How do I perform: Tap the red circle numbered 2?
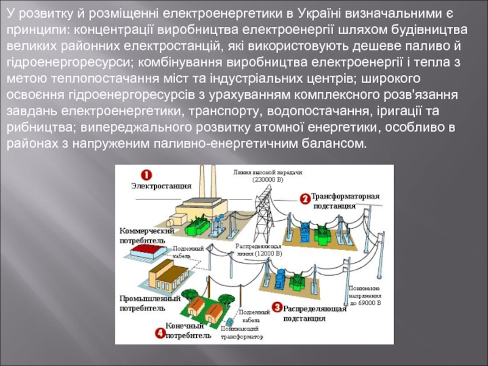tap(304, 198)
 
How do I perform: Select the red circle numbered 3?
tap(276, 308)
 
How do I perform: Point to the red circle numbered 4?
tap(160, 333)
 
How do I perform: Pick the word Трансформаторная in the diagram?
tap(345, 196)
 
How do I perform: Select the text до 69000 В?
tap(365, 302)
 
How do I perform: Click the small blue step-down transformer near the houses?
tap(229, 322)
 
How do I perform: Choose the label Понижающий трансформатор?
tap(242, 332)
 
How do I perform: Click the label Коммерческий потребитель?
tap(146, 235)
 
